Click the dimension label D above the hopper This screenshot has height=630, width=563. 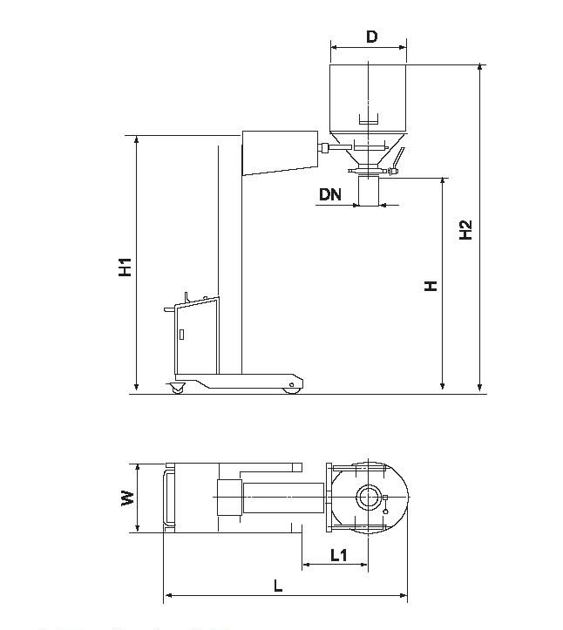[372, 37]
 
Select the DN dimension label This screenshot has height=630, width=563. [330, 194]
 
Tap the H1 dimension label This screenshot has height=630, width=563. [125, 267]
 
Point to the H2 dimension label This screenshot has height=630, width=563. [465, 230]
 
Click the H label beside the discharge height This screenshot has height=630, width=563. [431, 286]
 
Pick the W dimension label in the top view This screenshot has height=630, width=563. [128, 498]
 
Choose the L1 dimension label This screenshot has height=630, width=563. [338, 555]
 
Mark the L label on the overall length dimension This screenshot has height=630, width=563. [278, 586]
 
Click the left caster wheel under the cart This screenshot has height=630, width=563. [177, 389]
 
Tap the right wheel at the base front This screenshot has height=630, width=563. [291, 390]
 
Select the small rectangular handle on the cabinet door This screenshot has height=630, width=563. [181, 335]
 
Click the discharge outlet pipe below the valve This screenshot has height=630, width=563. [369, 191]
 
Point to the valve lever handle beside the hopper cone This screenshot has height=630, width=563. [397, 159]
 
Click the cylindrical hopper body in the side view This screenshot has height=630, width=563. [368, 98]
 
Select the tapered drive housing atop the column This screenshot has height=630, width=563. [280, 153]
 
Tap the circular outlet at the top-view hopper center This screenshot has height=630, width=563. [368, 498]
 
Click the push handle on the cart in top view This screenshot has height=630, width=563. [169, 498]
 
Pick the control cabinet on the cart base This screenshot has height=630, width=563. [197, 336]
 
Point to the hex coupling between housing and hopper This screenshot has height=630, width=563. [322, 148]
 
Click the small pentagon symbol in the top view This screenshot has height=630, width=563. [385, 511]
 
